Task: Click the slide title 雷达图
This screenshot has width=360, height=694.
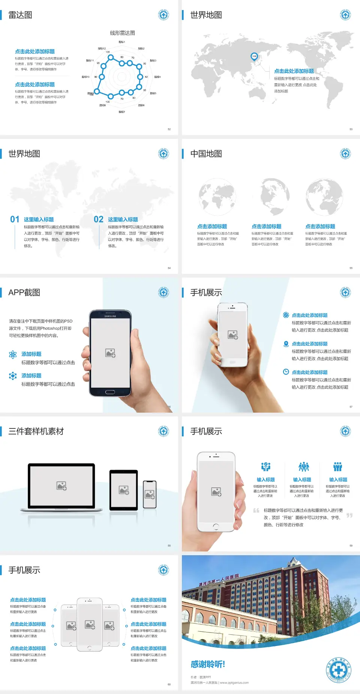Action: [x=20, y=15]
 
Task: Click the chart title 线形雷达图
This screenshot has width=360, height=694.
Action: [x=122, y=33]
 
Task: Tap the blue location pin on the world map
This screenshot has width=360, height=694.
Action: [x=254, y=57]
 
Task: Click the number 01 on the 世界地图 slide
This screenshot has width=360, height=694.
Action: [x=15, y=219]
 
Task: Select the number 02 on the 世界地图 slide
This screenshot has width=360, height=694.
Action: [x=99, y=219]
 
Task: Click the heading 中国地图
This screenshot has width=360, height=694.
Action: [x=206, y=154]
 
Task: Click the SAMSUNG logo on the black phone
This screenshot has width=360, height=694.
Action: [x=110, y=316]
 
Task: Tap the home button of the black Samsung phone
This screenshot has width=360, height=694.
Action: [x=110, y=392]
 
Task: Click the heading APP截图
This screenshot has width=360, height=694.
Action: [x=24, y=293]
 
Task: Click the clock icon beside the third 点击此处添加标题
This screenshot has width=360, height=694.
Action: [x=286, y=372]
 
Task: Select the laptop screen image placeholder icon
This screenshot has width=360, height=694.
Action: [x=61, y=486]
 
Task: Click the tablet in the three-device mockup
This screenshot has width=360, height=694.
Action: [x=124, y=490]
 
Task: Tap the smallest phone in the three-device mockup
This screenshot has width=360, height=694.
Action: [x=150, y=494]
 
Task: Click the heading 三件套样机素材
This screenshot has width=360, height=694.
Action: [x=36, y=431]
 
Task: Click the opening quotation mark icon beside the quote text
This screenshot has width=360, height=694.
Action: [x=256, y=511]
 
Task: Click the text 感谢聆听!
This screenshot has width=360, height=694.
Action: [x=208, y=664]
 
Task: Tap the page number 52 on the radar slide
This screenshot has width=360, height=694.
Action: [x=169, y=129]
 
